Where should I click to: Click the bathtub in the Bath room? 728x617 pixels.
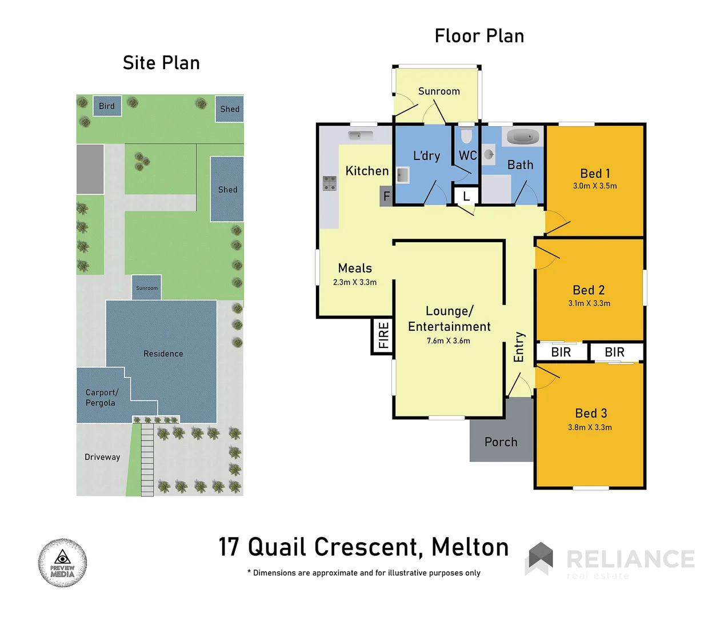coord(523,137)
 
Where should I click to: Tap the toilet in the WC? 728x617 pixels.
coord(466,136)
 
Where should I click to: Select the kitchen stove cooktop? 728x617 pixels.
coord(330,183)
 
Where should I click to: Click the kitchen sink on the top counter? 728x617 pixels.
coord(360,135)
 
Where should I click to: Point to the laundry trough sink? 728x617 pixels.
coord(403,175)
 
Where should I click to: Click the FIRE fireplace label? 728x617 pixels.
coord(383,335)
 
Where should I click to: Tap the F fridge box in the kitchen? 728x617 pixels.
coord(386,197)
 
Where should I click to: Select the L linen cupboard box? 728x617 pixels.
coord(466,197)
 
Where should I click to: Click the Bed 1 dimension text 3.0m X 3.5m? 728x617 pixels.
coord(595,186)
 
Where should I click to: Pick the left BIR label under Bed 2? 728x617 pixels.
coord(561,352)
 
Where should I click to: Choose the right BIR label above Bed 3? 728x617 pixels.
coord(615,352)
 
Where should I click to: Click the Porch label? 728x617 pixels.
coord(501,442)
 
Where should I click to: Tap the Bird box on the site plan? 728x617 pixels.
coord(107,106)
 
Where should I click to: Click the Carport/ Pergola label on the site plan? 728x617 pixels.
coord(101,398)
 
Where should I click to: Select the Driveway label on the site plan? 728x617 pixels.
coord(102,457)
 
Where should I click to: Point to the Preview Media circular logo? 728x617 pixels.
coord(63,563)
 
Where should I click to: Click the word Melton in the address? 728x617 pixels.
coord(470,547)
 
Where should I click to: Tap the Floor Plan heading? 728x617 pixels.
coord(479,36)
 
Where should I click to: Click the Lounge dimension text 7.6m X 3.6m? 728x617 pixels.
coord(449,341)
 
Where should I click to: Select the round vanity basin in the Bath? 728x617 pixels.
coord(489,154)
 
